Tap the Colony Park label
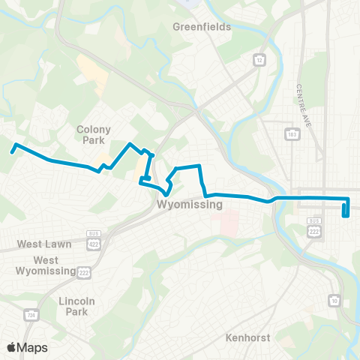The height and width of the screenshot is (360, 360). (94, 133)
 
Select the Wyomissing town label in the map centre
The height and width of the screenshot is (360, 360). (190, 204)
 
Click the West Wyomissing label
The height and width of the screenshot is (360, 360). (46, 265)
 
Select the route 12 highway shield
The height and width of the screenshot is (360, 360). (259, 58)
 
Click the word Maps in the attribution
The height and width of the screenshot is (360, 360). (32, 348)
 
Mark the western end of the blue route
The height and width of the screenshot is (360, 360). (13, 151)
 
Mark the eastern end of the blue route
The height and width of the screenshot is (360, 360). (344, 215)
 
